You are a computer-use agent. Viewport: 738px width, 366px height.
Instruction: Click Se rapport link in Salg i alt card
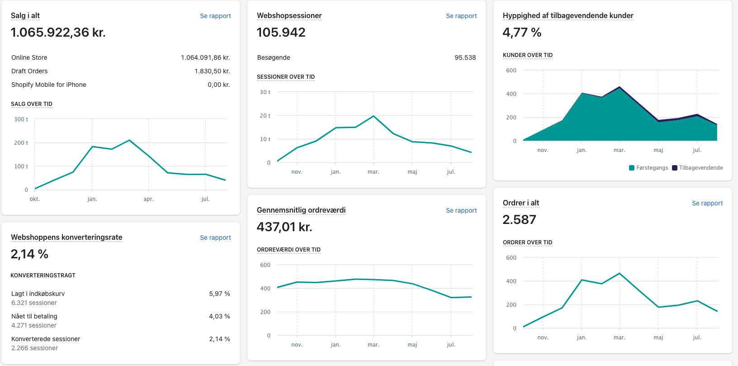click(x=215, y=16)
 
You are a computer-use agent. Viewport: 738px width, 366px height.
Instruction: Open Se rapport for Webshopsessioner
click(x=461, y=16)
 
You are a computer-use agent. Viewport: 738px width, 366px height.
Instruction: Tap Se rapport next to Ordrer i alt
click(x=707, y=203)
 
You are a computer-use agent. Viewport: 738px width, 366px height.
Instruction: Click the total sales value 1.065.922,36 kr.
click(x=58, y=33)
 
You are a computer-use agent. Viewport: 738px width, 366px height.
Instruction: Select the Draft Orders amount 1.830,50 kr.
click(x=212, y=71)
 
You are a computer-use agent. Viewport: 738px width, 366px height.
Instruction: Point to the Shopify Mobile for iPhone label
click(x=49, y=85)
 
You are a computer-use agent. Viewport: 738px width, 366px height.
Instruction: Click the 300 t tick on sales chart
click(x=21, y=119)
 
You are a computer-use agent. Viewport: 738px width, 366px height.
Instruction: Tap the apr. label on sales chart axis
click(x=148, y=199)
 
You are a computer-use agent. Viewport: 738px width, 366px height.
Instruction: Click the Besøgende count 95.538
click(x=465, y=57)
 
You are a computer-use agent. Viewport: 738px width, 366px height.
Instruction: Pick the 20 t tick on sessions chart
click(x=265, y=116)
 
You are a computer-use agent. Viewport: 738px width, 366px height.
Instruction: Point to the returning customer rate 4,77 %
click(x=522, y=33)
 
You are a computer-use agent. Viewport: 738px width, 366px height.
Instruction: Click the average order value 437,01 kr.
click(x=284, y=227)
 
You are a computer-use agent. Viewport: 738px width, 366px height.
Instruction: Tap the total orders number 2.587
click(x=519, y=220)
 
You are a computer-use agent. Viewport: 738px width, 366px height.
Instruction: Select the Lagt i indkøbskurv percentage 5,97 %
click(x=219, y=294)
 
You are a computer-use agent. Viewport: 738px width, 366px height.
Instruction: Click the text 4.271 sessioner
click(x=34, y=326)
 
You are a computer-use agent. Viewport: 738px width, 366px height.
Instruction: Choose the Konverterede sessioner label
click(x=46, y=339)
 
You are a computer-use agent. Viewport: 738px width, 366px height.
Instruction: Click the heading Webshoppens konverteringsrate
click(x=66, y=238)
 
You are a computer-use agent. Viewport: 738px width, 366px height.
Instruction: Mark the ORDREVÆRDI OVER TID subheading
click(x=289, y=250)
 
